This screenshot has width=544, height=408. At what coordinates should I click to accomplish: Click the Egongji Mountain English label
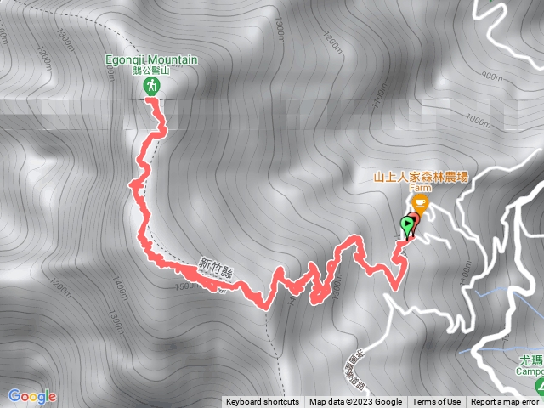152,60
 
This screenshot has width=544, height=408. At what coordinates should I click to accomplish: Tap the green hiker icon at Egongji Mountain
151,87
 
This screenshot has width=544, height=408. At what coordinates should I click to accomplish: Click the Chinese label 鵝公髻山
152,72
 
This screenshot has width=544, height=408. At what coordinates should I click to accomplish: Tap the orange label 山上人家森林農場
421,178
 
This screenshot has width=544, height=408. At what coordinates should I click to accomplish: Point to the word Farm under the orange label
421,188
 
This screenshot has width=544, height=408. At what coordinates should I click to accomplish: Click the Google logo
31,396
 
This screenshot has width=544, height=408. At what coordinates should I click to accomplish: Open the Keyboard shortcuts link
263,402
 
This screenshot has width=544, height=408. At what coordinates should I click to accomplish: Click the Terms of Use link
437,402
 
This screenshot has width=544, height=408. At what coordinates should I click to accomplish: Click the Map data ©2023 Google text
355,402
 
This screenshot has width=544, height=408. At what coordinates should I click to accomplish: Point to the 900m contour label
490,76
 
